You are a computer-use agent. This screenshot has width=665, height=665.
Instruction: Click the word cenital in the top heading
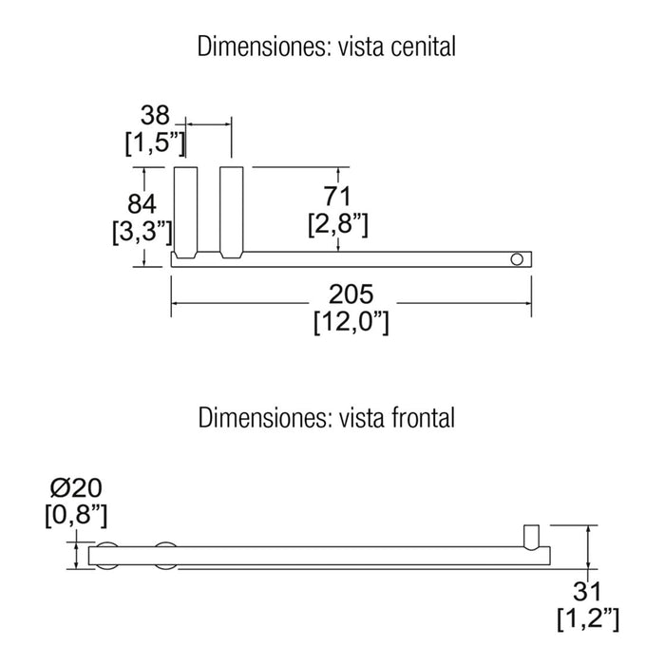point(424,47)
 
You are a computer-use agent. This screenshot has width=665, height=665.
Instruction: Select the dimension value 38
point(155,115)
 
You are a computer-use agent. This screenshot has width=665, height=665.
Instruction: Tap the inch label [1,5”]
point(155,142)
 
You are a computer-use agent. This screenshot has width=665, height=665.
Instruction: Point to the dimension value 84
point(142,203)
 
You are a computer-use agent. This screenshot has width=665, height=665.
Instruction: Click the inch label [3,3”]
point(142,232)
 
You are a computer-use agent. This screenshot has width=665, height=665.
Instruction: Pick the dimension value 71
point(337,197)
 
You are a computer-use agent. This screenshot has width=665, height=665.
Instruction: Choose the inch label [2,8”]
point(338,224)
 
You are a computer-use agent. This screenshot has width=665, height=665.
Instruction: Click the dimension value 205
point(351,294)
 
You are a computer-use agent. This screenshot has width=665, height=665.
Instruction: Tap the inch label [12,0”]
point(351,322)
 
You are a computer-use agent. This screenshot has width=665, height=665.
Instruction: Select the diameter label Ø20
point(76,487)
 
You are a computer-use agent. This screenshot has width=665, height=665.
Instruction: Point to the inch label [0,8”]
point(76,516)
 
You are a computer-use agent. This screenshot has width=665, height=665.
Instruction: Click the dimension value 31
point(587,592)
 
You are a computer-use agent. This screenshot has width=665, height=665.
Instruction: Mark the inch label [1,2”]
point(588,619)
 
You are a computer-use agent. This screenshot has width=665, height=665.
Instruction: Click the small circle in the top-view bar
point(517,259)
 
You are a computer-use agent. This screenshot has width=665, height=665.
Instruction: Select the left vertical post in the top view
point(186,213)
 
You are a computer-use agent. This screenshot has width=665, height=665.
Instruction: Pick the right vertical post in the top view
point(232,213)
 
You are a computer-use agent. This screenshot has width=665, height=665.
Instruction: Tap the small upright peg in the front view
point(532,538)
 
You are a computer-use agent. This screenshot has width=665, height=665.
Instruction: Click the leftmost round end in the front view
point(106,556)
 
